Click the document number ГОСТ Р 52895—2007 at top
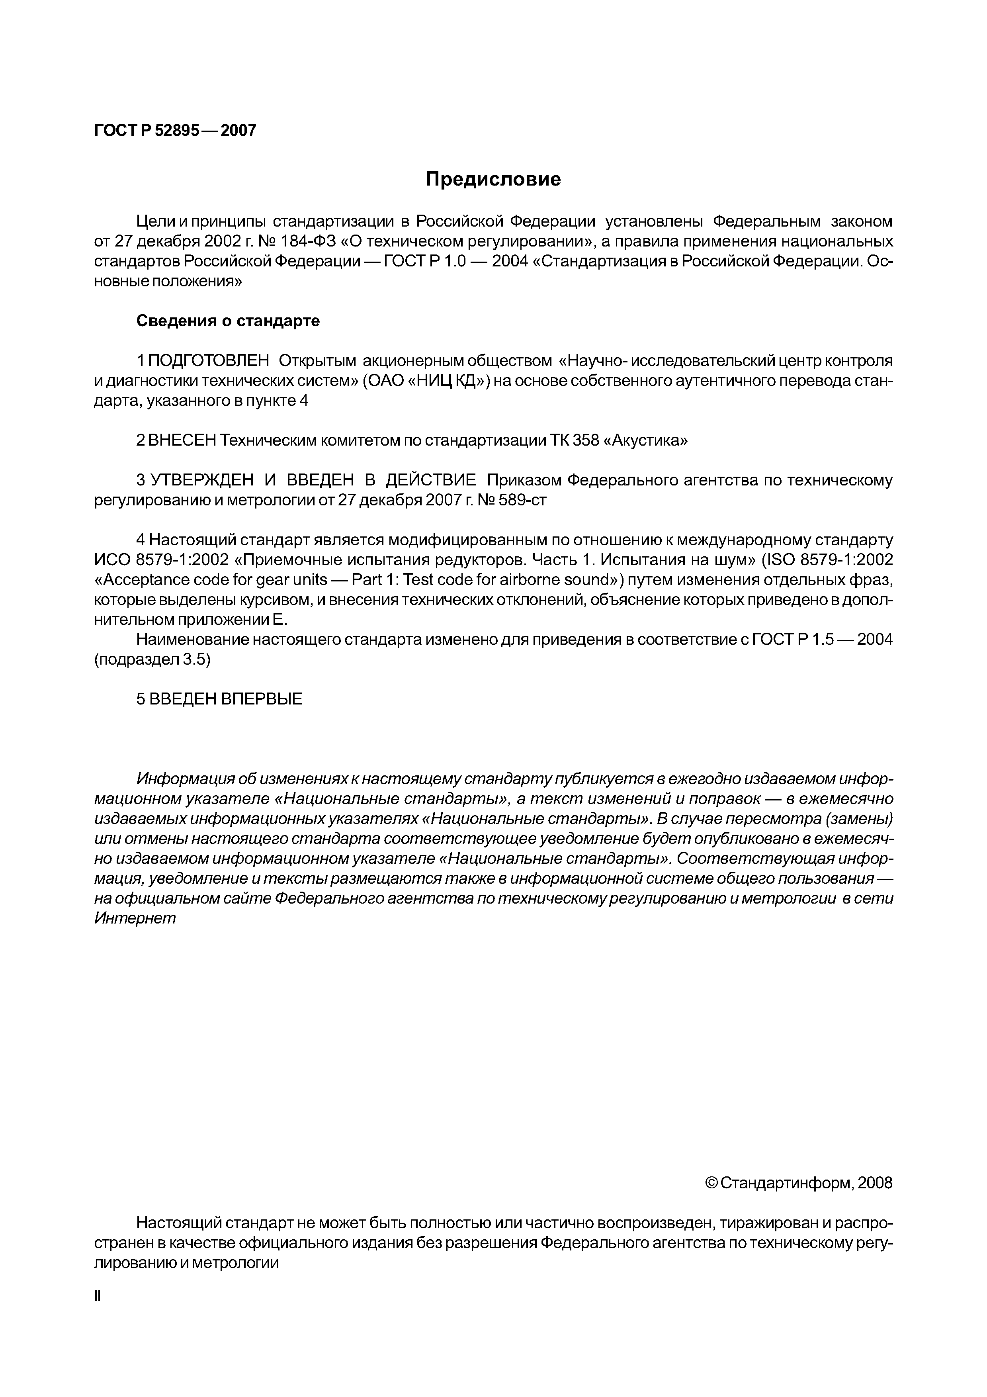point(175,130)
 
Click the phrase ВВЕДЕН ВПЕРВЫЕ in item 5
point(226,699)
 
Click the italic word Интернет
point(135,918)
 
